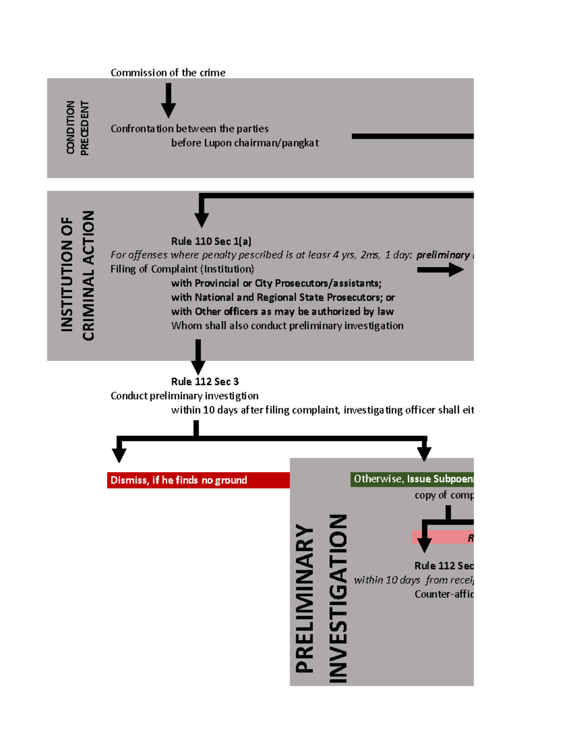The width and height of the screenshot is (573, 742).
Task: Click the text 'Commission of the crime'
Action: pyautogui.click(x=168, y=73)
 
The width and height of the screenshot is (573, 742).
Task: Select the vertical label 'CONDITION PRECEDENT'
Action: pyautogui.click(x=77, y=128)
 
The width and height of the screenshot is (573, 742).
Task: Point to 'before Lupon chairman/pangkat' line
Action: pyautogui.click(x=244, y=143)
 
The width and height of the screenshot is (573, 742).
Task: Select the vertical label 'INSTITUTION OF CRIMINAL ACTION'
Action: pyautogui.click(x=77, y=276)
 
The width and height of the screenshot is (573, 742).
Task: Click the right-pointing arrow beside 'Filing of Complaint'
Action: pyautogui.click(x=440, y=270)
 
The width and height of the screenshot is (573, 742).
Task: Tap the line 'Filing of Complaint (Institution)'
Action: pyautogui.click(x=182, y=269)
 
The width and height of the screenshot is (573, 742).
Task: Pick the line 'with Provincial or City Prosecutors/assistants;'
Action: pyautogui.click(x=276, y=283)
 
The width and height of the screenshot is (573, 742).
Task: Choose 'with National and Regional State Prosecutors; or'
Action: pyautogui.click(x=283, y=297)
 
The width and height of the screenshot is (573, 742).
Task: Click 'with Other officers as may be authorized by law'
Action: pyautogui.click(x=282, y=312)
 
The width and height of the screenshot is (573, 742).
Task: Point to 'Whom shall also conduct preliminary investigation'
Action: pyautogui.click(x=287, y=326)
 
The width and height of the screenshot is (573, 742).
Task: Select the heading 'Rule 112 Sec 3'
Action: pyautogui.click(x=205, y=382)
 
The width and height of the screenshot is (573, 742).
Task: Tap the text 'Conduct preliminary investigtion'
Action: pyautogui.click(x=184, y=396)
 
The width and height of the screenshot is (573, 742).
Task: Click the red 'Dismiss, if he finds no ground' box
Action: pyautogui.click(x=198, y=480)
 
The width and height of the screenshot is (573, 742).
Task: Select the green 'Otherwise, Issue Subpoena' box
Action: pyautogui.click(x=412, y=479)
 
